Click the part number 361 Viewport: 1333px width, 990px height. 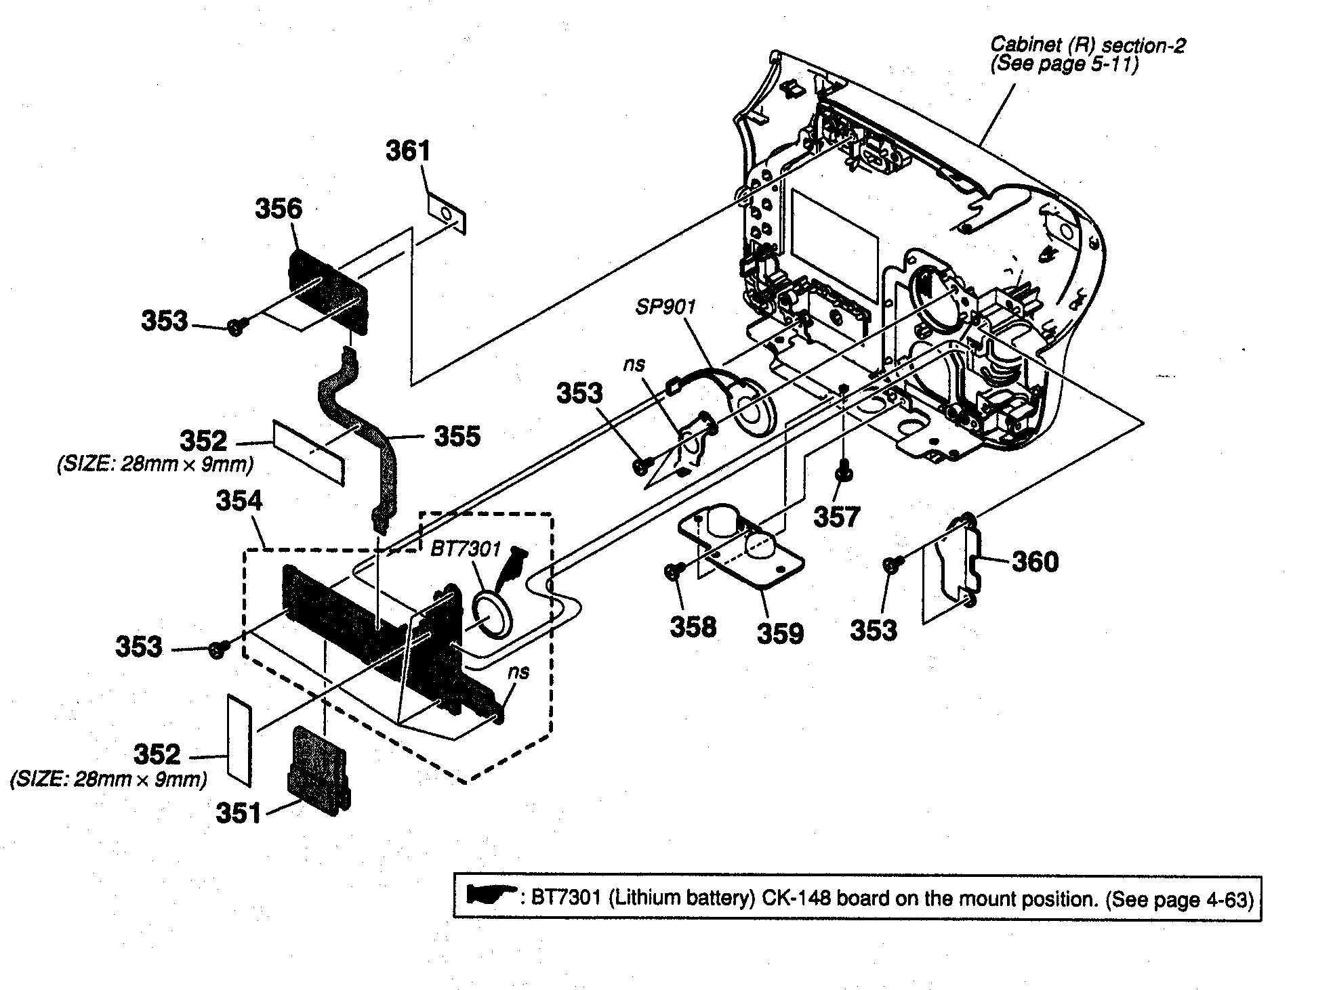[408, 151]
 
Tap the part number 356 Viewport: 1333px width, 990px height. [278, 209]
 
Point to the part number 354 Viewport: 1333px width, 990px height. [239, 501]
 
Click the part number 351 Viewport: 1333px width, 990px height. [238, 813]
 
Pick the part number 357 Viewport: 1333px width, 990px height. [836, 517]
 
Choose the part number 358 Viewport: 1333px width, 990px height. [693, 627]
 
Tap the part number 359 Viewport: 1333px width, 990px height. [780, 634]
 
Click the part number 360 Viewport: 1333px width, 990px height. [1034, 561]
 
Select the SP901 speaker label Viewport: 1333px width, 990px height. [665, 307]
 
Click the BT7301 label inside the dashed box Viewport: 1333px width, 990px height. [465, 548]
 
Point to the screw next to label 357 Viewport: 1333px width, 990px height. [844, 475]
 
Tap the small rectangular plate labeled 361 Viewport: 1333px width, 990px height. [447, 215]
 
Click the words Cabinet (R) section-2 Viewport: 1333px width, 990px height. [1088, 45]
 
